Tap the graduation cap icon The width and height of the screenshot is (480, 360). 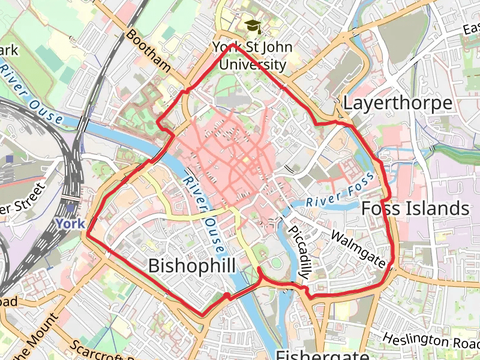[253, 26]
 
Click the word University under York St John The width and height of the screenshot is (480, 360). [253, 64]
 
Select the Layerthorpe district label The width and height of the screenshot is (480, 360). [397, 103]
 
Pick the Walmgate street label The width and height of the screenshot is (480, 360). [358, 249]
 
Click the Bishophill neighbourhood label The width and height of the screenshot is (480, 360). [191, 265]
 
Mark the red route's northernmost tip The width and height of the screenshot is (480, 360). [230, 44]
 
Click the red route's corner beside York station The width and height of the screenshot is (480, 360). [88, 234]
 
